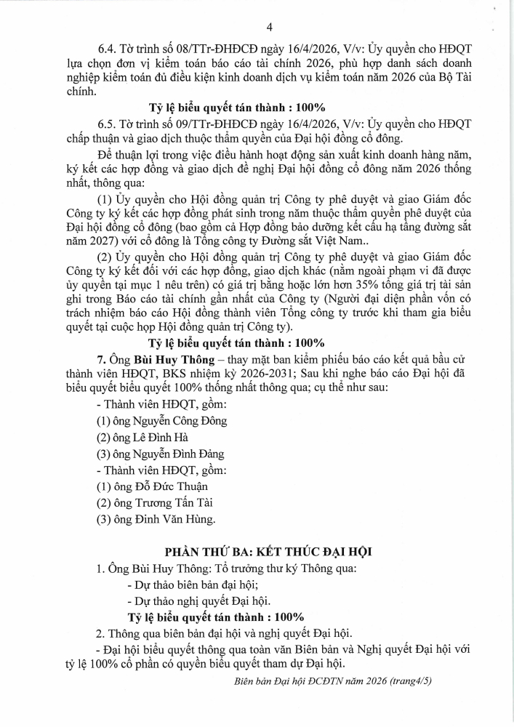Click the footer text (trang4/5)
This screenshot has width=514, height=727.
coord(408,683)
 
